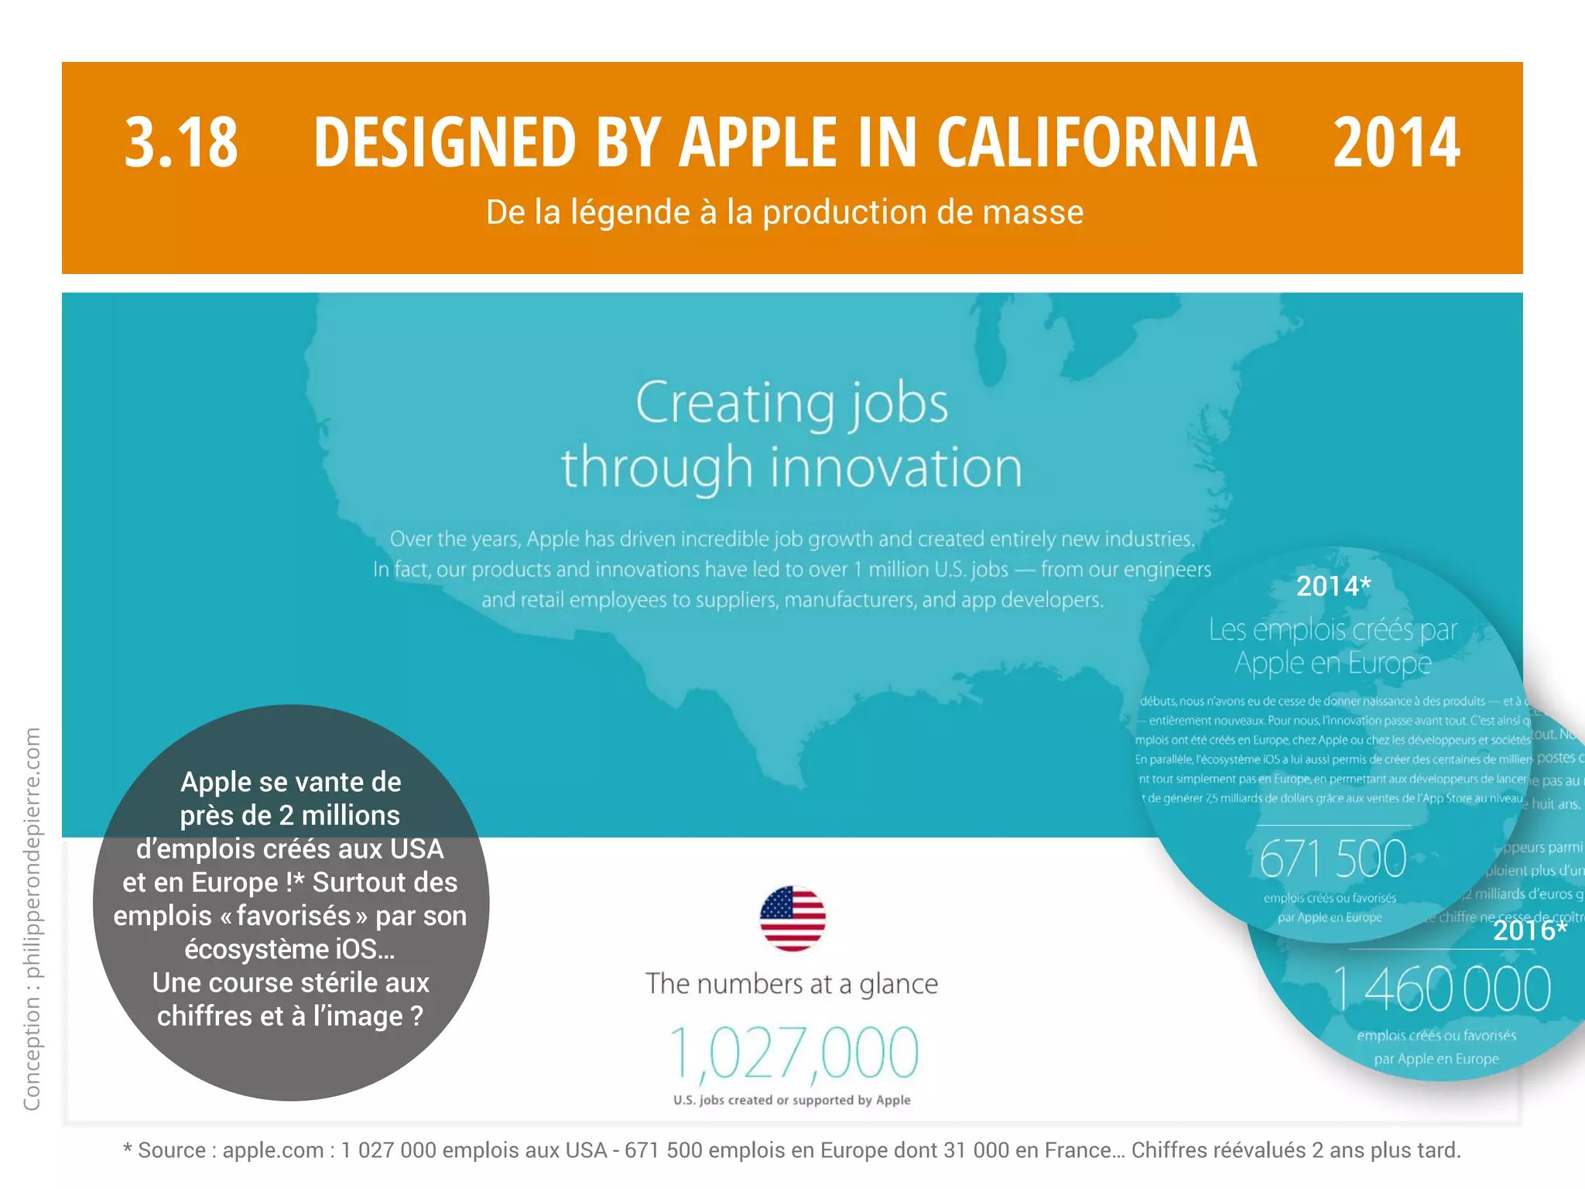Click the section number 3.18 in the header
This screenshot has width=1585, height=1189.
pos(181,142)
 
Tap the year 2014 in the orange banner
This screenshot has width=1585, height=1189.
pos(1396,142)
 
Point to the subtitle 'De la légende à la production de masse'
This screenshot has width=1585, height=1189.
pos(784,212)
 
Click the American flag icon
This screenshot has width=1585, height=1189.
pos(792,918)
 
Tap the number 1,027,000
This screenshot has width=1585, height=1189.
pos(792,1053)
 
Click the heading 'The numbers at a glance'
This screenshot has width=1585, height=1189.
pos(792,984)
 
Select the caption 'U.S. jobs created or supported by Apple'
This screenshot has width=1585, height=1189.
pos(792,1100)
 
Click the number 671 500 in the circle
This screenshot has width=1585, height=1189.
pos(1333,859)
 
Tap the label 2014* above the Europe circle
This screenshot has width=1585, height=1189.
pos(1333,586)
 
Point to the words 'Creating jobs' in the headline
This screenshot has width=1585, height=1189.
pos(792,403)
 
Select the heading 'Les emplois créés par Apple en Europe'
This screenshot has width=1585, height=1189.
pos(1333,646)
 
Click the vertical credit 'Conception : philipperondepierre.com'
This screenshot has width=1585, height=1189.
pos(32,918)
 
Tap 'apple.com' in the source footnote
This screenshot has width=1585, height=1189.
pos(272,1150)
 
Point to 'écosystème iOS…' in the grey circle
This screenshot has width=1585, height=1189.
pos(289,949)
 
